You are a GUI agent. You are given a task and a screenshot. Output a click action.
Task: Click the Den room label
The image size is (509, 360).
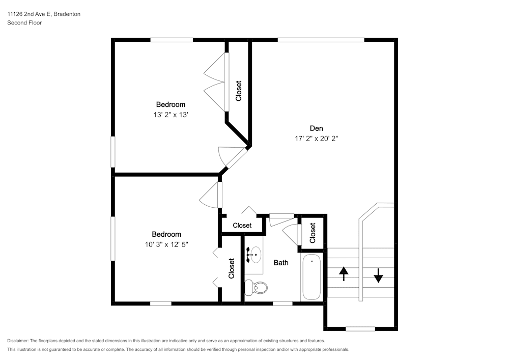pyautogui.click(x=316, y=128)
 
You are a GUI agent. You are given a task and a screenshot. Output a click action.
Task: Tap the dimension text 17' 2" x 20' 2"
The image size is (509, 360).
pyautogui.click(x=316, y=138)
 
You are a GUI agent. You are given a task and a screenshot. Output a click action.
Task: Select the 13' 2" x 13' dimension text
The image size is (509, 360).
pyautogui.click(x=171, y=115)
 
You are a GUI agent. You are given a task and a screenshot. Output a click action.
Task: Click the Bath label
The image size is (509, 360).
pyautogui.click(x=281, y=263)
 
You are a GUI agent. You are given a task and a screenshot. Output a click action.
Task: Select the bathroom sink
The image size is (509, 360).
pyautogui.click(x=254, y=253)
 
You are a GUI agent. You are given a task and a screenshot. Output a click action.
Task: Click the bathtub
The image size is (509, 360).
pyautogui.click(x=312, y=278)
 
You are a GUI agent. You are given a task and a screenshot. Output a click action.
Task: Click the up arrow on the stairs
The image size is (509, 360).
pyautogui.click(x=344, y=274)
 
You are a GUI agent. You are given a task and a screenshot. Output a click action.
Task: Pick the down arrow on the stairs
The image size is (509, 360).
pyautogui.click(x=378, y=275)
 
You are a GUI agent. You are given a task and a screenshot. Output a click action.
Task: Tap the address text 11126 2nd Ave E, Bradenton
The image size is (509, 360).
pyautogui.click(x=43, y=14)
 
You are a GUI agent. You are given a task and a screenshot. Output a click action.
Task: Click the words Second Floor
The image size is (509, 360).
pyautogui.click(x=24, y=23)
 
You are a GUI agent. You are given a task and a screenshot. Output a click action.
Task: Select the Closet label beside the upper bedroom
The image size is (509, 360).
pyautogui.click(x=238, y=91)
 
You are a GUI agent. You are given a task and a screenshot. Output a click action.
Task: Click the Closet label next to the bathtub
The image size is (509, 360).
pyautogui.click(x=313, y=233)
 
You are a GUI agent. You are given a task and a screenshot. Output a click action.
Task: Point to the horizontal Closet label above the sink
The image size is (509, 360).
pyautogui.click(x=242, y=225)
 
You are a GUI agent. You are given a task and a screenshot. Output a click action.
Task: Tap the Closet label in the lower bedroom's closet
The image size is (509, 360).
pyautogui.click(x=232, y=268)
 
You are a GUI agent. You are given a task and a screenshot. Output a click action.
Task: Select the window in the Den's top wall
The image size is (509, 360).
pyautogui.click(x=321, y=40)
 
